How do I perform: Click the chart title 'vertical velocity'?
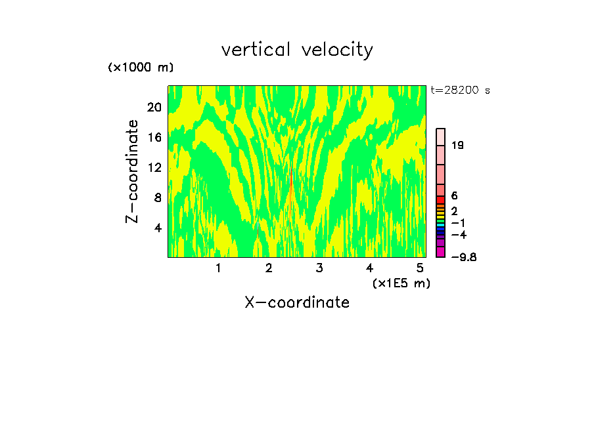tap(297, 50)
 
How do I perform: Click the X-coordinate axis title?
tap(297, 302)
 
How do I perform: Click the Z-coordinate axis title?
tap(133, 171)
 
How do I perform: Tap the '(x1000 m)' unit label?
tap(140, 68)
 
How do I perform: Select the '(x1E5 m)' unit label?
tap(401, 283)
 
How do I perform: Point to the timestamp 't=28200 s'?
tap(461, 91)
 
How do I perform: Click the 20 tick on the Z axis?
tap(154, 107)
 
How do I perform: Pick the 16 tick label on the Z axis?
tap(154, 137)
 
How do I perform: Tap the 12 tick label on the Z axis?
tap(154, 167)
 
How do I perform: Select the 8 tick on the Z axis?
tap(157, 197)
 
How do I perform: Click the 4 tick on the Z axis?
tap(157, 228)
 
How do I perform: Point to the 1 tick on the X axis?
tap(218, 268)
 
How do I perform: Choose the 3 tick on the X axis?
tap(319, 268)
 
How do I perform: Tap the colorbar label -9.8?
tap(463, 257)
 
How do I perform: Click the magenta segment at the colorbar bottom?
tap(441, 252)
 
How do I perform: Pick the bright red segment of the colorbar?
tap(441, 200)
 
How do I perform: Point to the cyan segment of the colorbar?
tap(441, 224)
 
